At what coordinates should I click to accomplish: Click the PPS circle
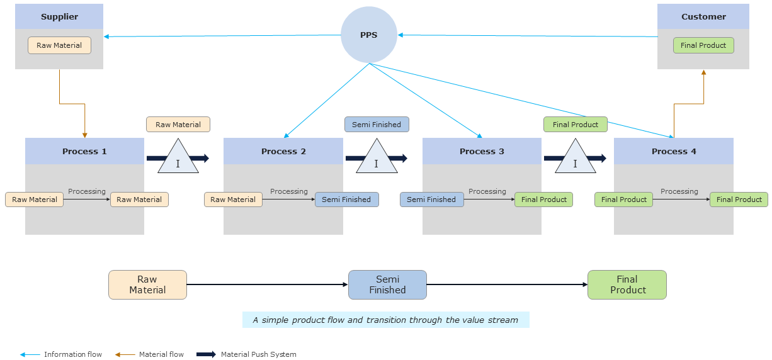pos(368,35)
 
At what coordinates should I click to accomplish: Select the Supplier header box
pos(59,16)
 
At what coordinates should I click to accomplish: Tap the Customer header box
pos(703,16)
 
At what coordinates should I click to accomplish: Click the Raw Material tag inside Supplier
pos(59,45)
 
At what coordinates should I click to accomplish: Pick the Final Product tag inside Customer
pos(703,45)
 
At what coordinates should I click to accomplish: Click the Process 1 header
pos(84,151)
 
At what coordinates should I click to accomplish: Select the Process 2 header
pos(283,151)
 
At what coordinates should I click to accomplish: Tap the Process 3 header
pos(482,151)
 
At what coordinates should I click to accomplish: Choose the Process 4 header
pos(674,151)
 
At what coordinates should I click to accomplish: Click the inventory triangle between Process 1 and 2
pos(178,159)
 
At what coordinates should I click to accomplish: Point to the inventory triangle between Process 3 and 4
pos(575,159)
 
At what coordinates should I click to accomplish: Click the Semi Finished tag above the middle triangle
pos(377,125)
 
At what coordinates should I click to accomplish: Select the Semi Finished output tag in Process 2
pos(346,200)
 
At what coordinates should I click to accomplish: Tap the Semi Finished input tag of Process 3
pos(431,200)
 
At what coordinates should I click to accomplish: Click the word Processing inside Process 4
pos(679,191)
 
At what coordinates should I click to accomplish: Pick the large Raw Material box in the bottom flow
pos(147,284)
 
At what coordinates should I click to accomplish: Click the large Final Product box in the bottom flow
pos(627,284)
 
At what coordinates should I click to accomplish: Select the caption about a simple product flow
pos(385,320)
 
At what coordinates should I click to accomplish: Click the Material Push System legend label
pos(258,354)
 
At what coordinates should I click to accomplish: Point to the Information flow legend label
pos(72,354)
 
